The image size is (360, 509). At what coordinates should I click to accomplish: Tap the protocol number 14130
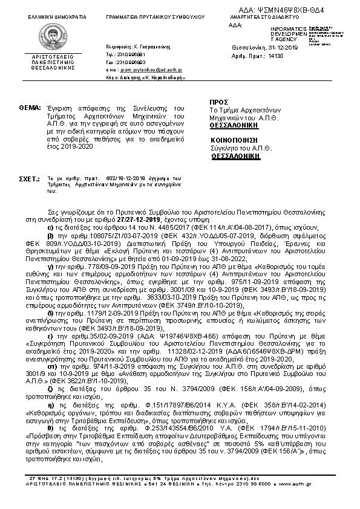tap(275, 56)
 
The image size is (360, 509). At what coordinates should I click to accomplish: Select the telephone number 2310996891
tap(132, 54)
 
